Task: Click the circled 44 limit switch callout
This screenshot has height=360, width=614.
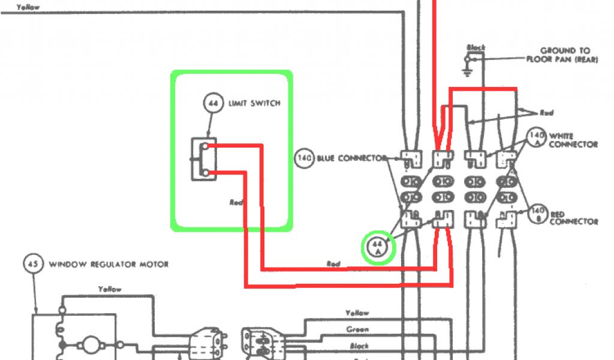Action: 212,104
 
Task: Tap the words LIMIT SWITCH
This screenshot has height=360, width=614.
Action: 254,104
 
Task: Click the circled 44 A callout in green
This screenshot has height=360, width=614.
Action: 378,248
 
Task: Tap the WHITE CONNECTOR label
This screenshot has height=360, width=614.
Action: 573,140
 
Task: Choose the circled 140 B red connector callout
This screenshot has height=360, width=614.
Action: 538,213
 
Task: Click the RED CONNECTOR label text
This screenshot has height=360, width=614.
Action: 573,218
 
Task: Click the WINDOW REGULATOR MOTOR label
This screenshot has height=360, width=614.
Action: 109,264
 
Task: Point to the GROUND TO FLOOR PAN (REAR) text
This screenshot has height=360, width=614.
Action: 558,55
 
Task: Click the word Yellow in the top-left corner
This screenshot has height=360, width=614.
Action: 29,7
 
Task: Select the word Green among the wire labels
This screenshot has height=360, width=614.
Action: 357,329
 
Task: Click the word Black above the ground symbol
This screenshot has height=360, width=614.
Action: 475,47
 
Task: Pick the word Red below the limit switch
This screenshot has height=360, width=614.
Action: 236,202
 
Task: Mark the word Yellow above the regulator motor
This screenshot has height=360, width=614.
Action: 110,289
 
